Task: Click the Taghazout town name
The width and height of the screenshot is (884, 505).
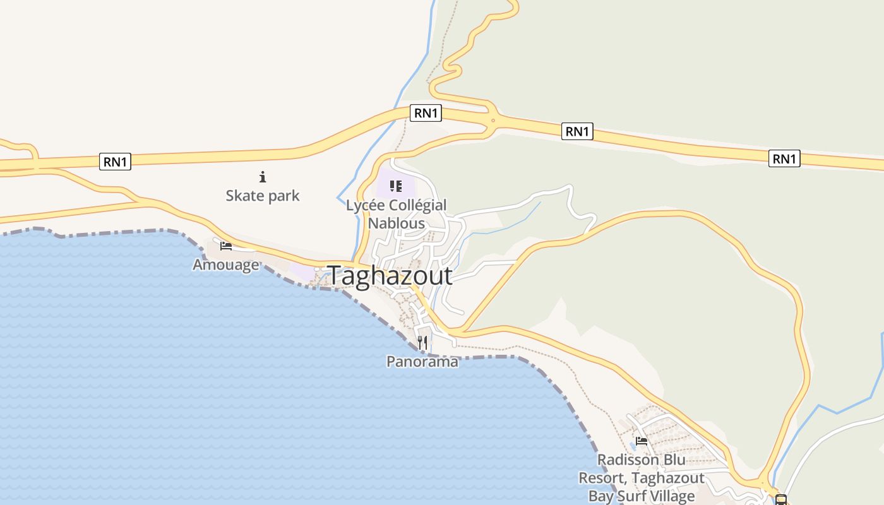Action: tap(390, 276)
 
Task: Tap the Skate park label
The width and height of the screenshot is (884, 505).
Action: tap(263, 196)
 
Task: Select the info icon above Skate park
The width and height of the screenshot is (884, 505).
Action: tap(263, 177)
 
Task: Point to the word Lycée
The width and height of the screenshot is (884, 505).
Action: tap(365, 205)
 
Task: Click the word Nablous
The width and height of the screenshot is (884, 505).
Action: tap(396, 223)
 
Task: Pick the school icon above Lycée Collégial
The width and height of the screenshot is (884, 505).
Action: tap(396, 186)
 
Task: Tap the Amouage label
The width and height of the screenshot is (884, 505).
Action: tap(225, 264)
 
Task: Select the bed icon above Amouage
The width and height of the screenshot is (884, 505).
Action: tap(225, 246)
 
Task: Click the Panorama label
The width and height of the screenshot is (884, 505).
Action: tap(422, 362)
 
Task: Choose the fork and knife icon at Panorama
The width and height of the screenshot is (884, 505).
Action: tap(422, 343)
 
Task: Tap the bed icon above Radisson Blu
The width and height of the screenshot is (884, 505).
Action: tap(642, 441)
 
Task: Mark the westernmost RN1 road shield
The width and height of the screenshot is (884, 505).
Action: tap(115, 162)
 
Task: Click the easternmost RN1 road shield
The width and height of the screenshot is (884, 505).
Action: tap(784, 158)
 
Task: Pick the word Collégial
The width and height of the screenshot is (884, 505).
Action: tap(417, 205)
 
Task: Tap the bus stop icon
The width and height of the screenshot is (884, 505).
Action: tap(781, 500)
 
